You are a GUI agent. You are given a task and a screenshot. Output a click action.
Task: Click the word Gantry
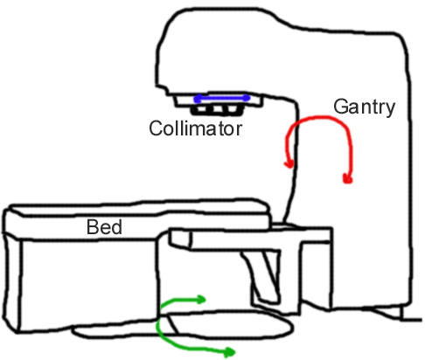[x=364, y=107]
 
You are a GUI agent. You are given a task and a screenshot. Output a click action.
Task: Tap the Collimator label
[x=195, y=128]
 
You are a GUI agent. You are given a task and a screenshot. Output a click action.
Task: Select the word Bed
[x=104, y=227]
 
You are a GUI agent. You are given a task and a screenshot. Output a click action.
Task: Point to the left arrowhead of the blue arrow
[x=198, y=99]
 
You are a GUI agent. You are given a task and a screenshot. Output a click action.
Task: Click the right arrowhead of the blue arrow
[x=247, y=98]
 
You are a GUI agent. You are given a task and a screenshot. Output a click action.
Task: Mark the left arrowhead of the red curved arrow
[x=289, y=164]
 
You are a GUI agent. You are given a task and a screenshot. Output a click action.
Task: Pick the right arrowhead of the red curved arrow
[x=348, y=178]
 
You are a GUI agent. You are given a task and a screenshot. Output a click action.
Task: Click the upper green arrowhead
[x=202, y=300]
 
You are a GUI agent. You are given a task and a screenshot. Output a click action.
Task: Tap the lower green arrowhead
[x=230, y=352]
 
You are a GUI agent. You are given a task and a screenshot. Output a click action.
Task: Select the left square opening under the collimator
[x=200, y=110]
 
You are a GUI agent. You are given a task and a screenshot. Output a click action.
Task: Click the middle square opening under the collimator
[x=217, y=110]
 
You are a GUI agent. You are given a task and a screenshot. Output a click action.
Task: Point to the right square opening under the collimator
[x=233, y=110]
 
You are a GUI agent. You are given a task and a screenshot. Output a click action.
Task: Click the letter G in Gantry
[x=340, y=107]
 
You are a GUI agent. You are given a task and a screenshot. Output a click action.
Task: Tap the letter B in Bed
[x=92, y=227]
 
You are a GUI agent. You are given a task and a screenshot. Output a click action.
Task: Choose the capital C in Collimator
[x=156, y=128]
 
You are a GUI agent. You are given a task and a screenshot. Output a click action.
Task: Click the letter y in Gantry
[x=390, y=110]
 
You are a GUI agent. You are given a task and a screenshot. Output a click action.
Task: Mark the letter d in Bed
[x=116, y=227]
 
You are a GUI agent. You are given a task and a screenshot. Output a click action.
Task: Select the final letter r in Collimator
[x=239, y=130]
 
